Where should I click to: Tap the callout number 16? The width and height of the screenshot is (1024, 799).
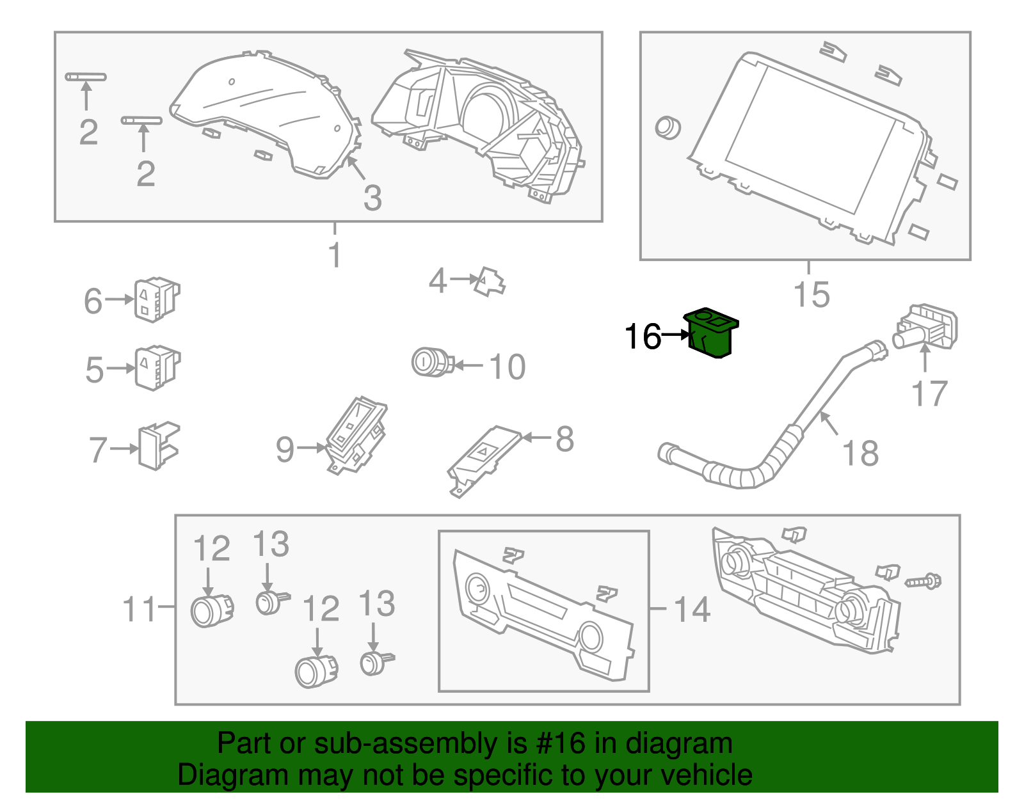coord(642,336)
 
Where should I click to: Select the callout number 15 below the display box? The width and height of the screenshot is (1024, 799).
coord(811,295)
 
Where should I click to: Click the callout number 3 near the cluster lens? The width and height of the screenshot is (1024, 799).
coord(372,198)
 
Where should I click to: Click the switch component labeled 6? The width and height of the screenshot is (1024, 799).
coord(156,299)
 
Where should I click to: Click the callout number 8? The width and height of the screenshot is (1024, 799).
coord(564,439)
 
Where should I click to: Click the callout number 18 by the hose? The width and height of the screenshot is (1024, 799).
coord(860,454)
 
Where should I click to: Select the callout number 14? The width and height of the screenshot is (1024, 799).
coord(692,610)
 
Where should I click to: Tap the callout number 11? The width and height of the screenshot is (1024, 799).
coord(139,610)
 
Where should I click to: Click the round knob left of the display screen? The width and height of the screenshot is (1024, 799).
coord(667,127)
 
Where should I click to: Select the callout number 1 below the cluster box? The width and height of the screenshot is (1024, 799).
coord(335,255)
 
